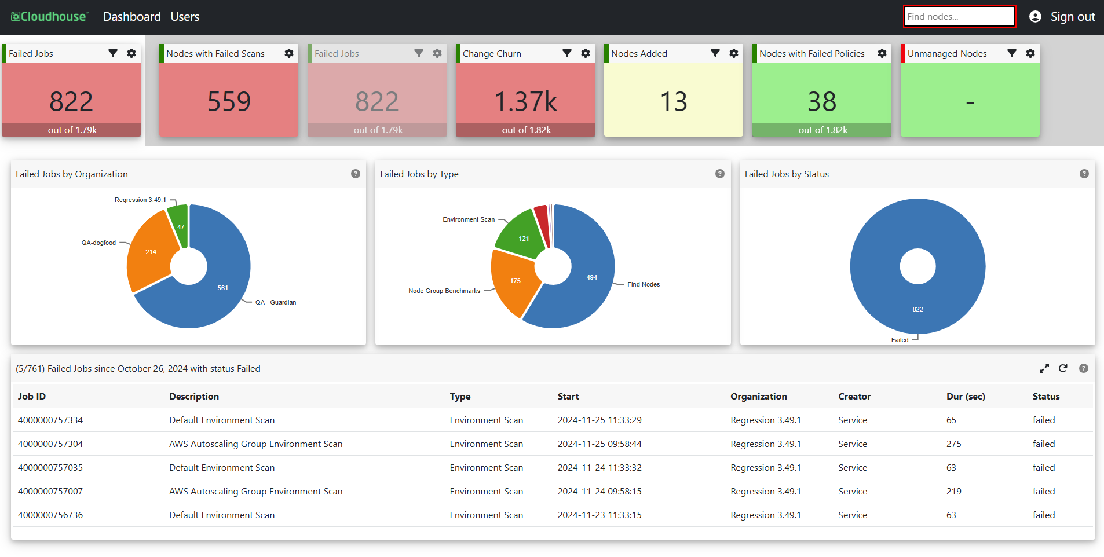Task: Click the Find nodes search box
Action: pyautogui.click(x=959, y=16)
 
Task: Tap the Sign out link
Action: pyautogui.click(x=1073, y=17)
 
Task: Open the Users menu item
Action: pyautogui.click(x=185, y=17)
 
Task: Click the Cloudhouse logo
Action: pyautogui.click(x=50, y=17)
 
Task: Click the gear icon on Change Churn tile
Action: pyautogui.click(x=586, y=53)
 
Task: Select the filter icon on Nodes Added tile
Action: pyautogui.click(x=715, y=53)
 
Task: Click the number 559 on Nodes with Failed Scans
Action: pyautogui.click(x=229, y=101)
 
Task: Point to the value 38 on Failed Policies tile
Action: pyautogui.click(x=822, y=101)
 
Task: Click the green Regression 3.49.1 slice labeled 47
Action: pyautogui.click(x=178, y=223)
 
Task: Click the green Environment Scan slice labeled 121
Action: pyautogui.click(x=521, y=234)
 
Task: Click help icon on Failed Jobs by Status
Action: pyautogui.click(x=1084, y=174)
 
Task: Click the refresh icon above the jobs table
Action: pyautogui.click(x=1063, y=368)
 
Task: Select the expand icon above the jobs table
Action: pyautogui.click(x=1044, y=368)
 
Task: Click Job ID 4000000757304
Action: pyautogui.click(x=50, y=444)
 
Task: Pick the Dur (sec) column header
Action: pyautogui.click(x=966, y=396)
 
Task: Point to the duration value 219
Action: pyautogui.click(x=953, y=491)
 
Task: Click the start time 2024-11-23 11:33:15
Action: pyautogui.click(x=599, y=515)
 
